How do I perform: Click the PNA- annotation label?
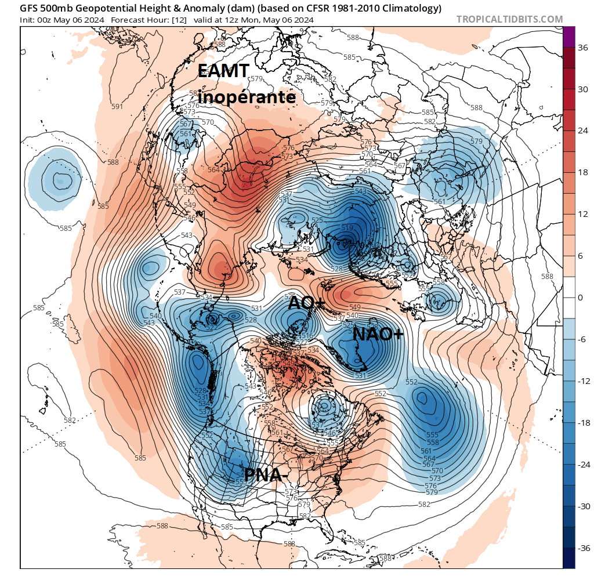[266, 475]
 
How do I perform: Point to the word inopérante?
[247, 97]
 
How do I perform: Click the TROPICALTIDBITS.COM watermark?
[509, 19]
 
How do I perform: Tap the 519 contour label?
[347, 227]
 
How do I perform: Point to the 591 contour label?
[118, 107]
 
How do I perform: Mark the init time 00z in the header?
[46, 20]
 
